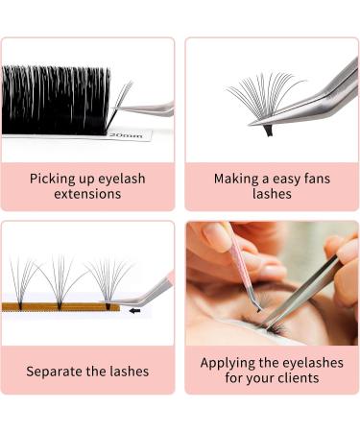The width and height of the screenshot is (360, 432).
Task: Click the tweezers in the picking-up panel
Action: pos(149,108)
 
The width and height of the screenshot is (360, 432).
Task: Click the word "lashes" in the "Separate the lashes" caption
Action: pos(126,371)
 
